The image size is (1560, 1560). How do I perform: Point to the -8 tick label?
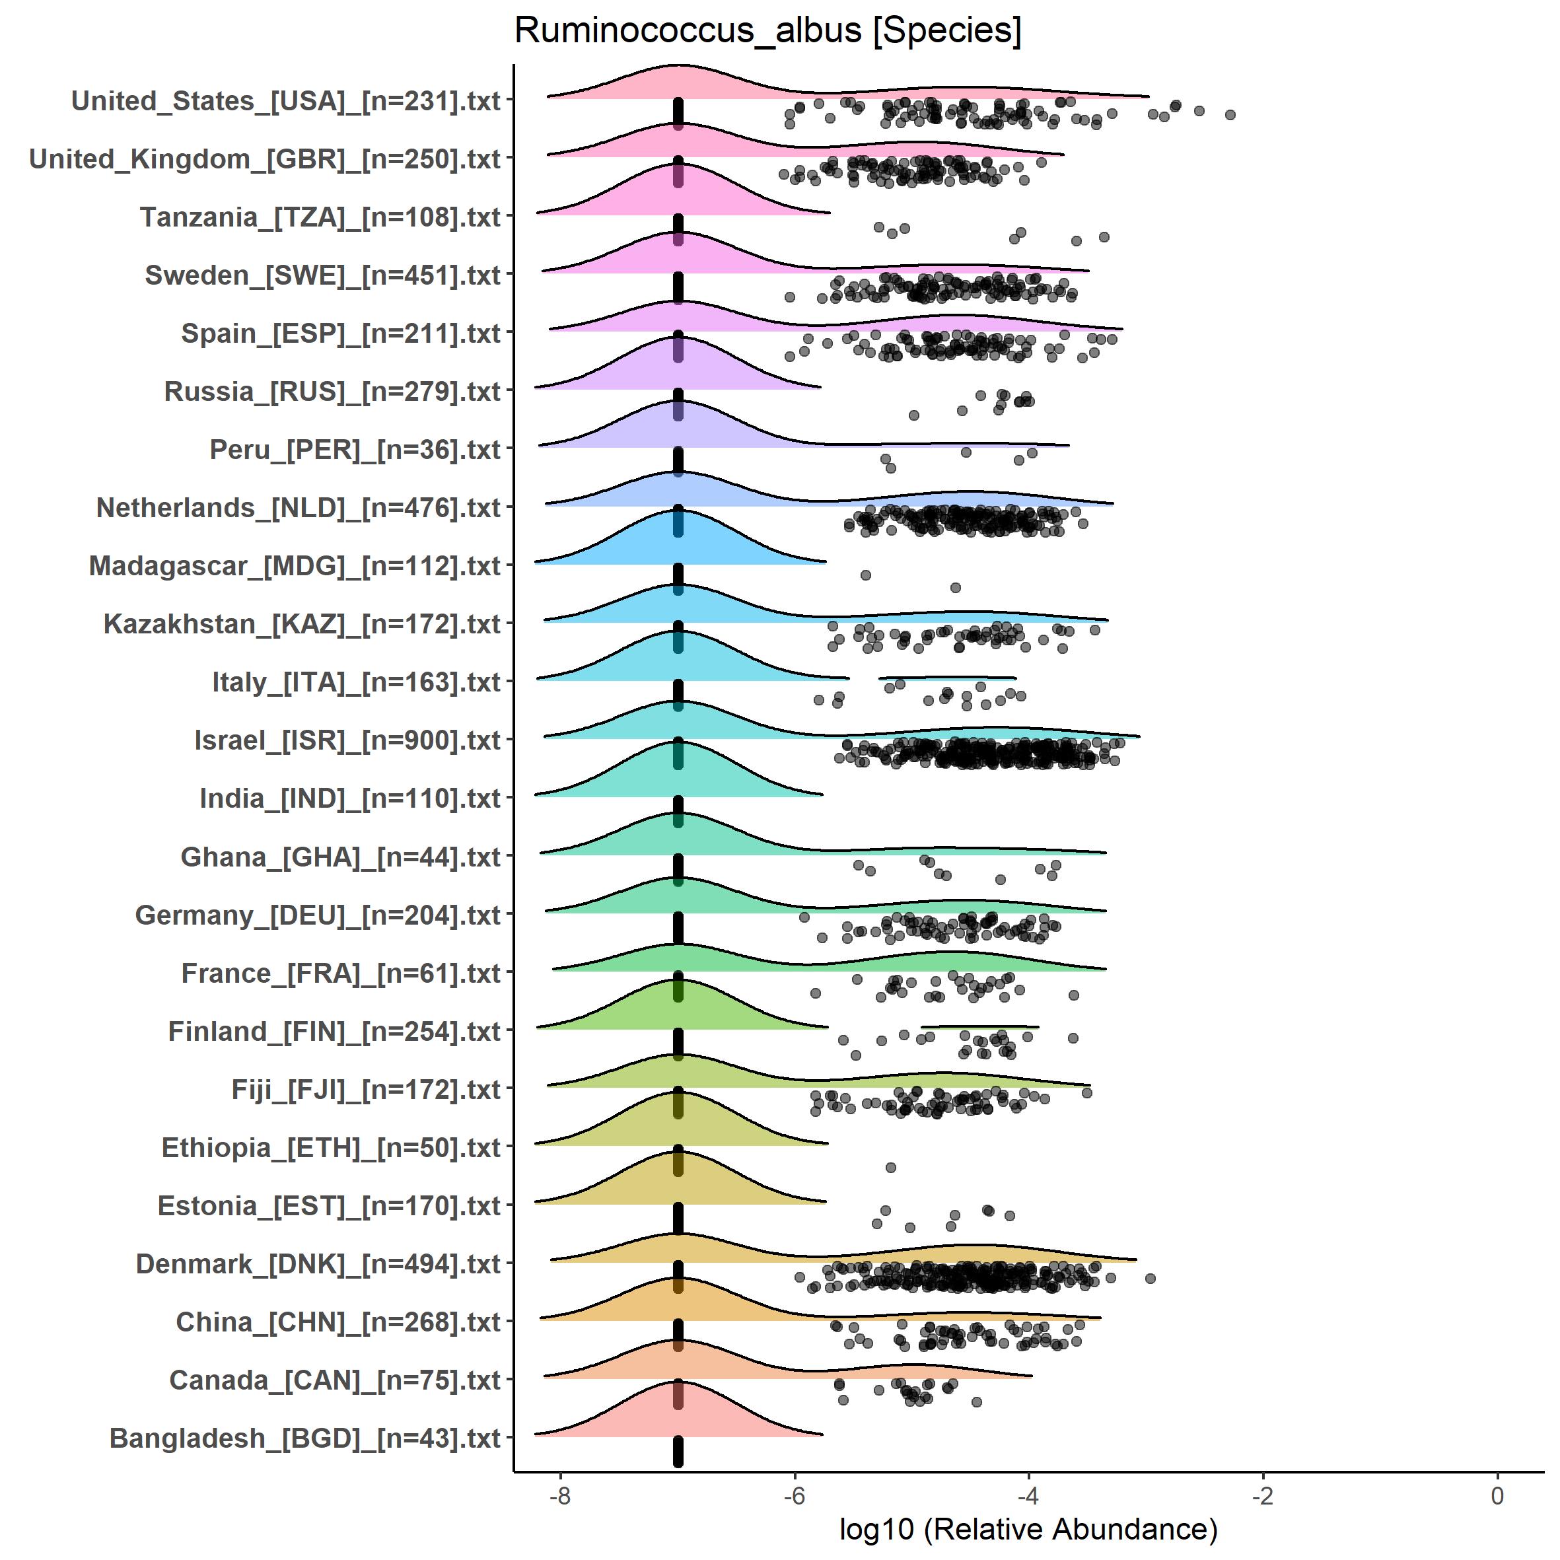coord(559,1495)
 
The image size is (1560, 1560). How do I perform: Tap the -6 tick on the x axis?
coord(795,1495)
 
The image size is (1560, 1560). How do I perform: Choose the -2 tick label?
coord(1263,1495)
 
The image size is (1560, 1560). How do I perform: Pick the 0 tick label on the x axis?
coord(1497,1495)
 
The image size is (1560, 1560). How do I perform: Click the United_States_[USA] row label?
coord(286,101)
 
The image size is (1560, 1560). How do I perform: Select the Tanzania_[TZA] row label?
coord(320,217)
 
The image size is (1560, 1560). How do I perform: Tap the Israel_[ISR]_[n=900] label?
coord(347,740)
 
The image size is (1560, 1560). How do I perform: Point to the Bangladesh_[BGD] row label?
coord(305,1438)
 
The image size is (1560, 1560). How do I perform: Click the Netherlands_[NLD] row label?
coord(299,508)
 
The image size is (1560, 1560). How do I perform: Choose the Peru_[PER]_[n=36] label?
coord(355,450)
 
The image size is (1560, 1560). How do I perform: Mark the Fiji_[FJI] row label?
coord(366,1089)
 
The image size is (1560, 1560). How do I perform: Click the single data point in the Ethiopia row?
coord(890,1168)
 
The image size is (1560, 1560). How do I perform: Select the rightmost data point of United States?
coord(1230,115)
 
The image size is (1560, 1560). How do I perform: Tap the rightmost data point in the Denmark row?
coord(1151,1278)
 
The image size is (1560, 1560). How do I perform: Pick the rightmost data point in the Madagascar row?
coord(955,587)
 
